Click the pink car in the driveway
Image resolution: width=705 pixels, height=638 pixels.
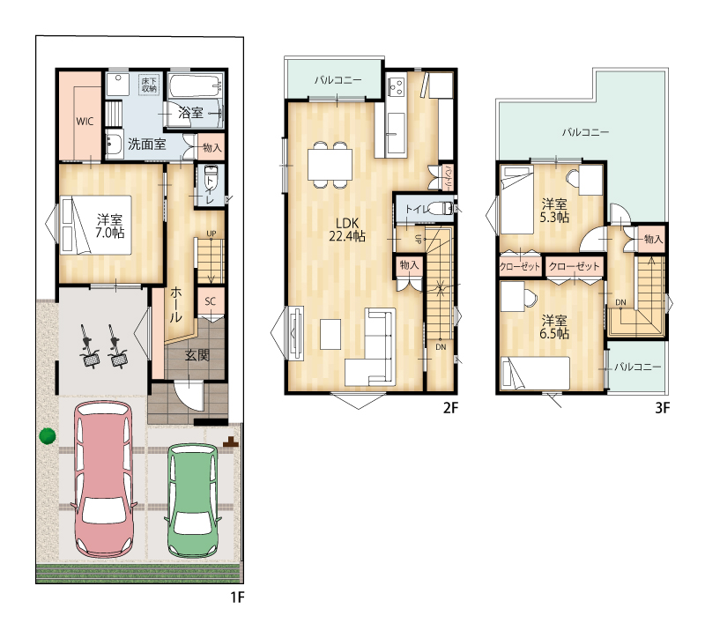[104, 479]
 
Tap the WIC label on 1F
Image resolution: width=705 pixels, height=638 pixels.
[85, 122]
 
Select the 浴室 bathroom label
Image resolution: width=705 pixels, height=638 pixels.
[190, 113]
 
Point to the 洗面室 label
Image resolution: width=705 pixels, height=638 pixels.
[147, 145]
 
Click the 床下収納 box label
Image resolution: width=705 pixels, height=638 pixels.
[149, 85]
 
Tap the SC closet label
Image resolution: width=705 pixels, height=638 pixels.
[210, 301]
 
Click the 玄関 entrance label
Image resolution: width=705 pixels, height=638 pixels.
[197, 356]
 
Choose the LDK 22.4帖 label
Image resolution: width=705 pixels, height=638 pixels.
[347, 229]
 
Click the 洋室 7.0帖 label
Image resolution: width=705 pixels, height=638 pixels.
[109, 226]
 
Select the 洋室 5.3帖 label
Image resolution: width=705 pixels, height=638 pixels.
[554, 211]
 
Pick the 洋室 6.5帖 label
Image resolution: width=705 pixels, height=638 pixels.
[554, 327]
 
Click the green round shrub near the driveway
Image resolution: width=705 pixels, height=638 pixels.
[48, 435]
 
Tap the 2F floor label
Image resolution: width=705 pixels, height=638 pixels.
[450, 408]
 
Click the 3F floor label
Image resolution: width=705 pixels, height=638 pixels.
[663, 408]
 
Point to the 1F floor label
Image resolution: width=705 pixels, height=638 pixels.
[237, 597]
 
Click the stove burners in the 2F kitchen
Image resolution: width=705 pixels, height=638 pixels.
[397, 86]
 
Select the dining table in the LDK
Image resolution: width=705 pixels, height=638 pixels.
[330, 165]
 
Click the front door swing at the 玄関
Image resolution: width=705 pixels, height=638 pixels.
[189, 396]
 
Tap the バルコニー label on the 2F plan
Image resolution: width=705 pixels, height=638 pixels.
[338, 80]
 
